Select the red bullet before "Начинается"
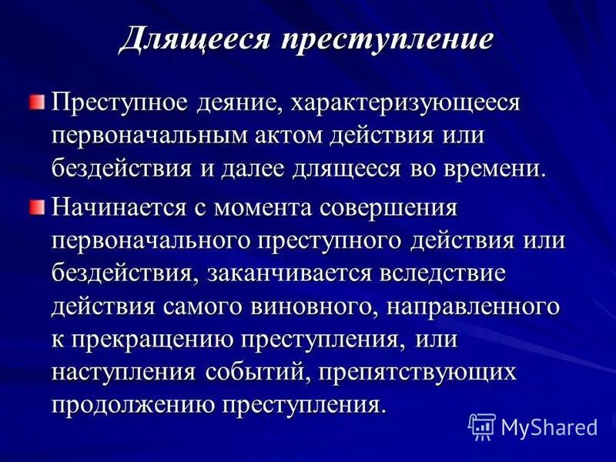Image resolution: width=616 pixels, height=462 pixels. (38, 206)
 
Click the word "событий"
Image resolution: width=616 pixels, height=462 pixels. (262, 372)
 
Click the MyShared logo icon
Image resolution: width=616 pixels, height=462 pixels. (482, 426)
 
